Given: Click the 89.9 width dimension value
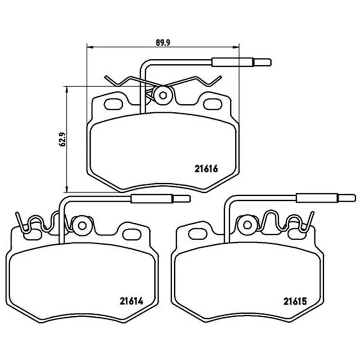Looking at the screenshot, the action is point(162,43).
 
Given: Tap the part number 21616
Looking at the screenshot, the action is point(206,169).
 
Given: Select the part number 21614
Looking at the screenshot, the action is point(131,301).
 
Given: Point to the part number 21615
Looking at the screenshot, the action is point(295,301).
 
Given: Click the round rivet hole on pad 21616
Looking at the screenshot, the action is point(163,95).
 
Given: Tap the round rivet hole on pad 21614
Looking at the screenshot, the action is point(82,225).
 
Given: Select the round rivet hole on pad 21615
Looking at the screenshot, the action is point(247,225).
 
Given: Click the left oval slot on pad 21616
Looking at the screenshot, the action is point(113,104).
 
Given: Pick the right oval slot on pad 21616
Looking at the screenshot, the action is point(212,104).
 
